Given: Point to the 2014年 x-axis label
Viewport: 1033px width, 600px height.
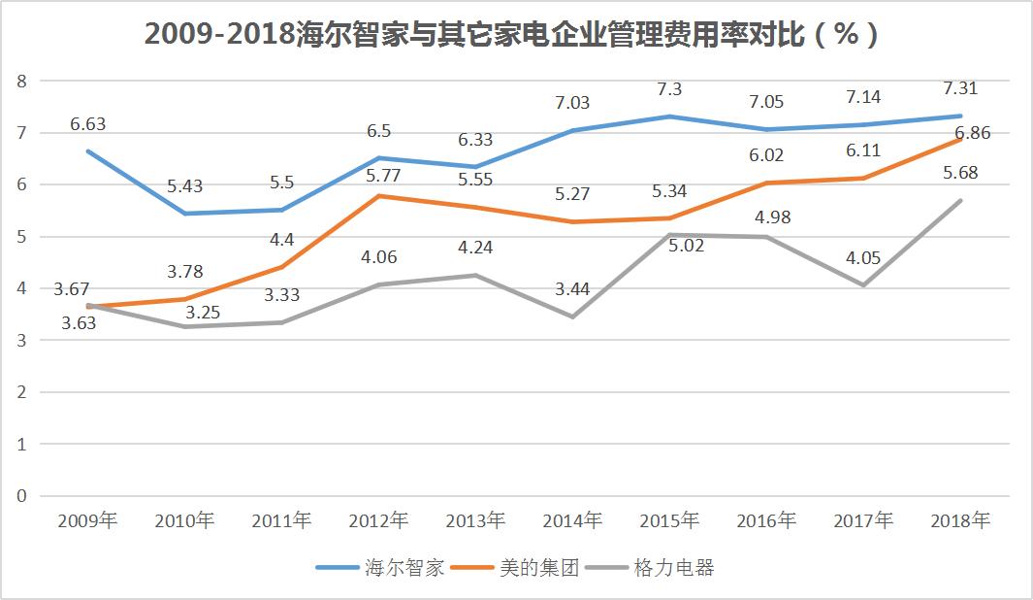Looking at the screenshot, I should pyautogui.click(x=572, y=521).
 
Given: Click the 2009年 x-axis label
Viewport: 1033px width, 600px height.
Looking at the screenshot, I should pyautogui.click(x=87, y=521).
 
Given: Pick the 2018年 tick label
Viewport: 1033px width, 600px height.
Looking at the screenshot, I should pyautogui.click(x=960, y=521).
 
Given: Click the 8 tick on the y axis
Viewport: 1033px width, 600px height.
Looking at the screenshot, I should pyautogui.click(x=21, y=81).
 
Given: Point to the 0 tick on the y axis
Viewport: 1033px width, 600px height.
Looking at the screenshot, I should pyautogui.click(x=21, y=496).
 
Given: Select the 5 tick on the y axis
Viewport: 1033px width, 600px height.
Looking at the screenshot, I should pyautogui.click(x=21, y=236).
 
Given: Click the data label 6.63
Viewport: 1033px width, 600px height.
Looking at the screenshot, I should pyautogui.click(x=87, y=124).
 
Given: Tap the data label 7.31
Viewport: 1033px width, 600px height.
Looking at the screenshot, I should pyautogui.click(x=960, y=88).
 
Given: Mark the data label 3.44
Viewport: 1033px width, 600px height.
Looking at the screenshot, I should pyautogui.click(x=572, y=287).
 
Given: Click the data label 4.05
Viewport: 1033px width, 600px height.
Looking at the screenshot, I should pyautogui.click(x=863, y=257).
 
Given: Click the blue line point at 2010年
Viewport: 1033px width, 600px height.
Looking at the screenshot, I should pyautogui.click(x=184, y=214).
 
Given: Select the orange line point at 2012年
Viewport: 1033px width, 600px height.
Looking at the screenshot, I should pyautogui.click(x=378, y=196).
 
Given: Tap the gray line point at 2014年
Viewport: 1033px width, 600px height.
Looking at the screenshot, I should pyautogui.click(x=572, y=317).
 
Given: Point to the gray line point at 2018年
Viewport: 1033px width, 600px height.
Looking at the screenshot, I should pyautogui.click(x=960, y=200).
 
